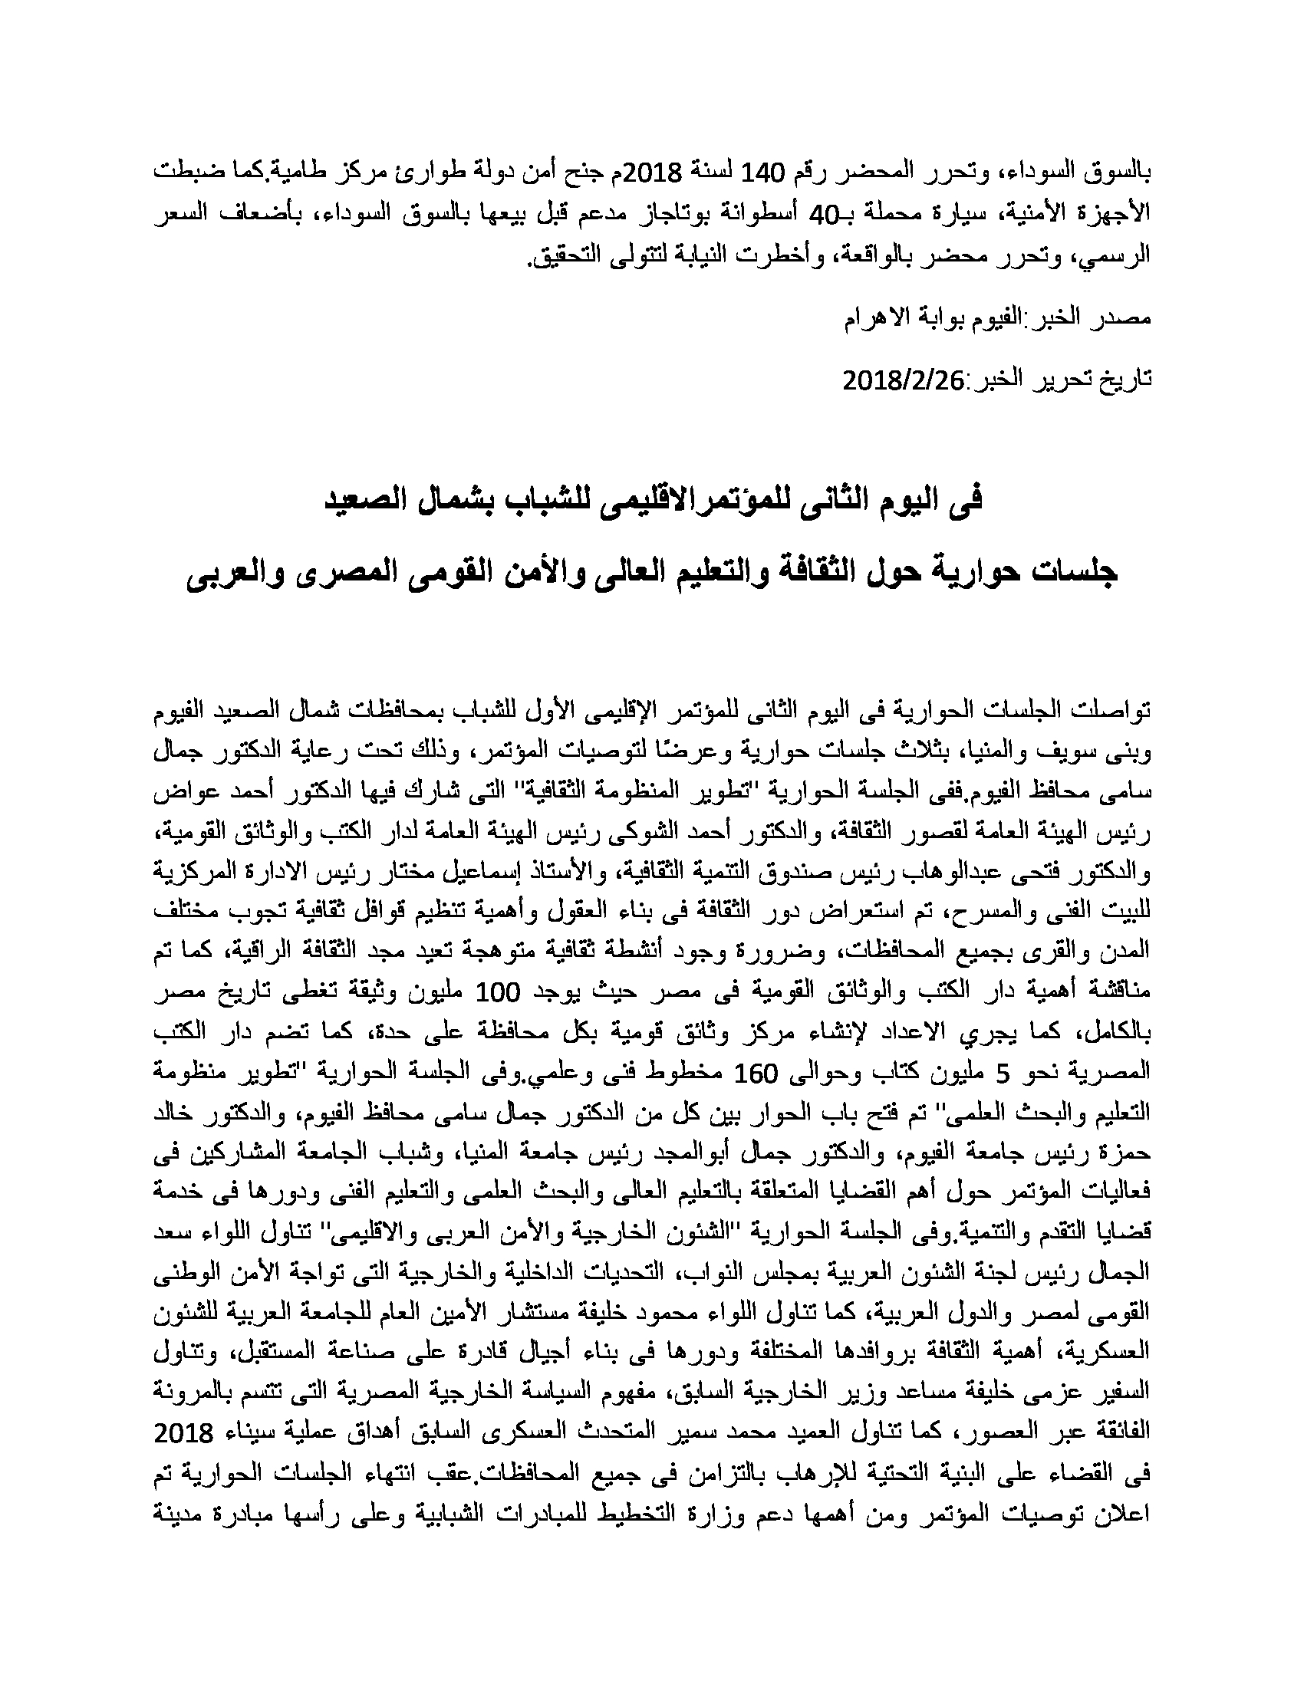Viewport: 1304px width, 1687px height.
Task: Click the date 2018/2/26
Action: coord(908,380)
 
